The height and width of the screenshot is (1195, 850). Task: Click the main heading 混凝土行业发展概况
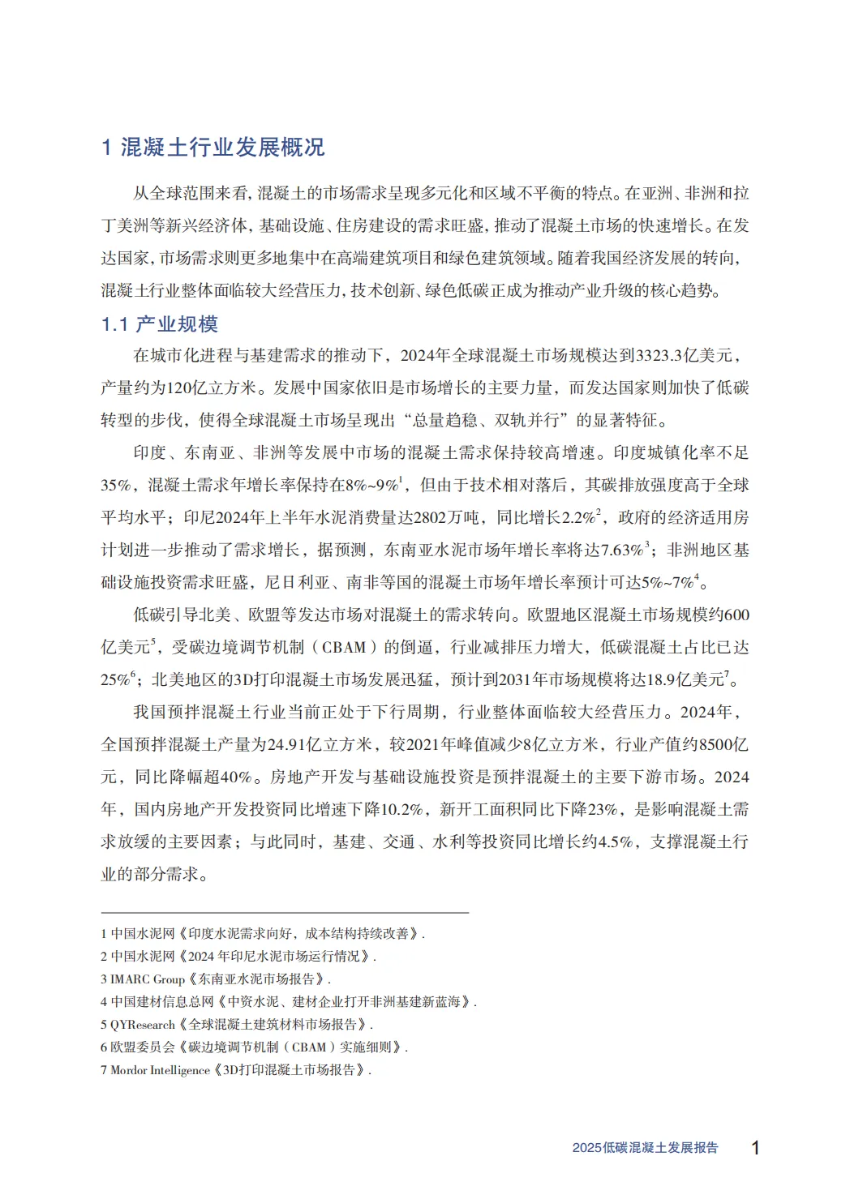[222, 147]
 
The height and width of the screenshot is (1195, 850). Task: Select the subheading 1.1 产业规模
[160, 324]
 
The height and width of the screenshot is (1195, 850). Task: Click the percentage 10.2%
[402, 809]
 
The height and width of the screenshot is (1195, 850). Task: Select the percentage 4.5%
[615, 842]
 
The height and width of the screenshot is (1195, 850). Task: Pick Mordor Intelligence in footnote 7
[161, 1070]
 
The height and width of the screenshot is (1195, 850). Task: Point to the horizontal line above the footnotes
[285, 913]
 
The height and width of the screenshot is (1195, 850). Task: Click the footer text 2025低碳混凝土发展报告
[645, 1148]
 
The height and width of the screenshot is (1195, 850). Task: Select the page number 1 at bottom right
[755, 1148]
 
